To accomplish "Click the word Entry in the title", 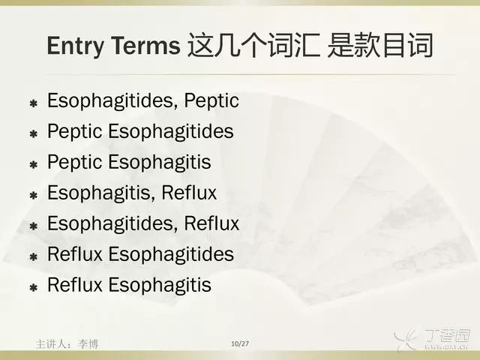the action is click(76, 46).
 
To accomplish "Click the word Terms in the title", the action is click(145, 45).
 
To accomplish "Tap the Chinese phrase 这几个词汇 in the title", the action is click(254, 45).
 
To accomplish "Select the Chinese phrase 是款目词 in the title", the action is click(380, 45).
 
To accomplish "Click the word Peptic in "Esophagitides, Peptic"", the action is click(211, 100).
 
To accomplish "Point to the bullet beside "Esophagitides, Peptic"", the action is click(33, 103).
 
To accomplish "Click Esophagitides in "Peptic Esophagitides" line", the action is click(171, 131).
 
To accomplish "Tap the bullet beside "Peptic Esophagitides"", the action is click(33, 133).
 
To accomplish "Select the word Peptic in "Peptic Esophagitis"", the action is click(74, 162).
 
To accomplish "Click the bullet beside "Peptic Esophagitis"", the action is click(33, 165).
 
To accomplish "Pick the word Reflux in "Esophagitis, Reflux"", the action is click(189, 193).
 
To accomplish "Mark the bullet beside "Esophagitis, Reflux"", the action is click(33, 195).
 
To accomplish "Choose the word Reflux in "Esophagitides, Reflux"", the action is click(211, 223).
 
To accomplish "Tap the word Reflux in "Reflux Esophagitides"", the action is click(75, 254).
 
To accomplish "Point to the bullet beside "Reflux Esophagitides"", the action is click(33, 256).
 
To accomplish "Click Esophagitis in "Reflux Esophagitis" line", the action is click(160, 285).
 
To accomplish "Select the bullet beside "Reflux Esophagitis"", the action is click(33, 287).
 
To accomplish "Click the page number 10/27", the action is click(240, 343).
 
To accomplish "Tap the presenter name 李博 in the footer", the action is click(88, 344).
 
